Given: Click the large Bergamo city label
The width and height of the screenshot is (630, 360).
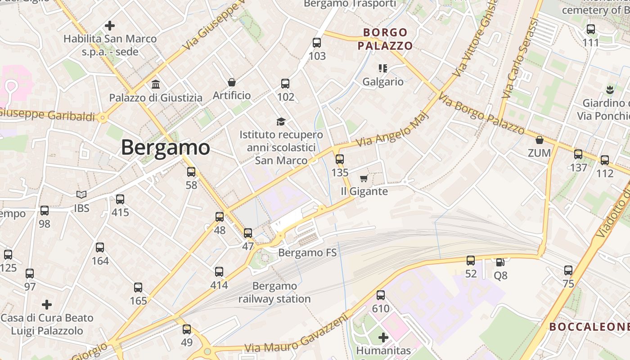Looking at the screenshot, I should pos(165,148).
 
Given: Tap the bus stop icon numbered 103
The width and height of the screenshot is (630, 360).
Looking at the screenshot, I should pos(317,43).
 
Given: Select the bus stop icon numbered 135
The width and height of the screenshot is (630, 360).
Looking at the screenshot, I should pos(340,159).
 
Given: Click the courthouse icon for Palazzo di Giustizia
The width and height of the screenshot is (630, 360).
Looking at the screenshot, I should pos(156,84).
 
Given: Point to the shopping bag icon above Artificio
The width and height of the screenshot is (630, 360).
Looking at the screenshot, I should pos(232,82).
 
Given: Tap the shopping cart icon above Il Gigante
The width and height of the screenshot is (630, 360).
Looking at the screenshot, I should pos(364,179).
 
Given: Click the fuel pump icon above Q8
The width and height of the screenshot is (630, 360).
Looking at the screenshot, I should pos(500,262).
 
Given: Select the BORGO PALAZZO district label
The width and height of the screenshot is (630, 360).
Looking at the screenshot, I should pos(385,39).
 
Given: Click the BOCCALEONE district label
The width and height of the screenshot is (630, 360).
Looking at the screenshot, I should pos(589,327).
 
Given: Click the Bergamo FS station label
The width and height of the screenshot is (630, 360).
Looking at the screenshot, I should pos(307,253).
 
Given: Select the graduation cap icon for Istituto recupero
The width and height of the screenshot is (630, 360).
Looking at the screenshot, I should pos(281,121).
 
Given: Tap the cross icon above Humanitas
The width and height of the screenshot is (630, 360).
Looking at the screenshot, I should pos(383,337).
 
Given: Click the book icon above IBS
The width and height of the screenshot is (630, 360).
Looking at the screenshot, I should pos(81,194).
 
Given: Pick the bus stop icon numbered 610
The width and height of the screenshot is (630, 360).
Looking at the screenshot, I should pos(381,295).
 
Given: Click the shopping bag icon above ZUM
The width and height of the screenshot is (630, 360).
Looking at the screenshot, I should pos(540,140).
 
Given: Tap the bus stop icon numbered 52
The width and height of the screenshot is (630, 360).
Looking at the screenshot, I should pos(471,261).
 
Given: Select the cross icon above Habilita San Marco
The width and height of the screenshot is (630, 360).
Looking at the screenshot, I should pos(109,26).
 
